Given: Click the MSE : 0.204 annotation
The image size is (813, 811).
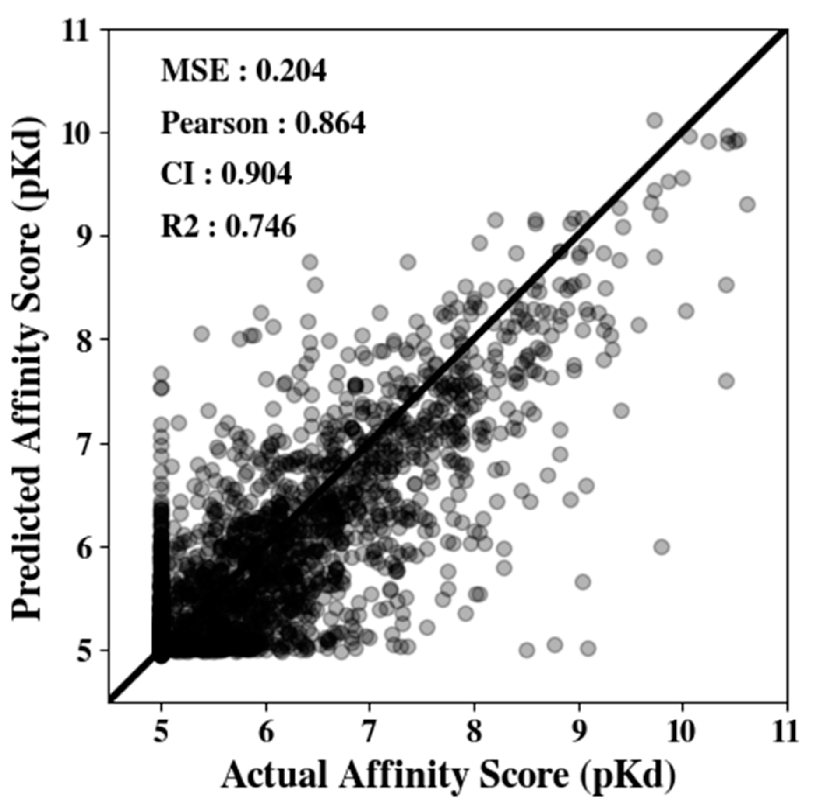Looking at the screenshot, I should (243, 71).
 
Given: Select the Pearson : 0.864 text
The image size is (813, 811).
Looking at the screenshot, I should (263, 123).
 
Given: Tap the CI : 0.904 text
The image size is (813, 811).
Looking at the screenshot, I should (226, 174).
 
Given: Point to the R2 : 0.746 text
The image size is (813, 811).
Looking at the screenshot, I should (229, 227).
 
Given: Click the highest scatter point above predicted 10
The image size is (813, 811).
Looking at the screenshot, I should (655, 120).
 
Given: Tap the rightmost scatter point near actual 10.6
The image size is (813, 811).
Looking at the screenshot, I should (748, 204).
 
